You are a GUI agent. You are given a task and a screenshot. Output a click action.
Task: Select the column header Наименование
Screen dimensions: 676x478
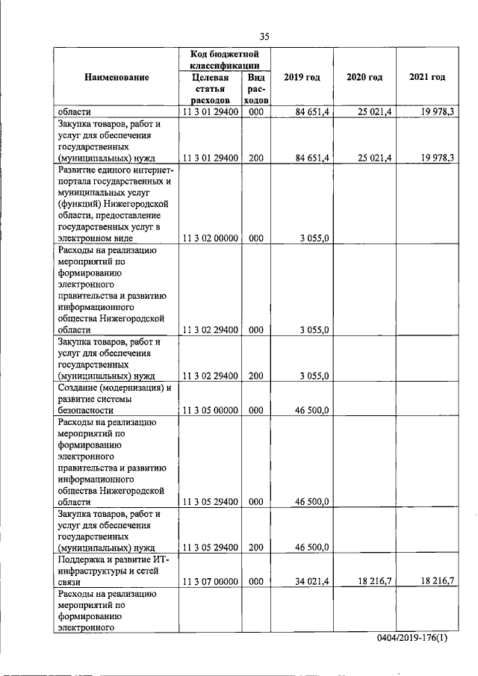pyautogui.click(x=116, y=78)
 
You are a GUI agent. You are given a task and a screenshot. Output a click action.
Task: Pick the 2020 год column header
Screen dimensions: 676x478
pyautogui.click(x=364, y=78)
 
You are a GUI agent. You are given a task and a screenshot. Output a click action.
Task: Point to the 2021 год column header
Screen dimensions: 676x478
pyautogui.click(x=427, y=78)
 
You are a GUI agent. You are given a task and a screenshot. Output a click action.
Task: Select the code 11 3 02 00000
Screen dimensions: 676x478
pyautogui.click(x=209, y=238)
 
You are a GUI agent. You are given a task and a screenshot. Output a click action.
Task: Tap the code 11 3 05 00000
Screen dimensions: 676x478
pyautogui.click(x=209, y=410)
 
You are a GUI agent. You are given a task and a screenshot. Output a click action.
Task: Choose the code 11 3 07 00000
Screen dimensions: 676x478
pyautogui.click(x=209, y=581)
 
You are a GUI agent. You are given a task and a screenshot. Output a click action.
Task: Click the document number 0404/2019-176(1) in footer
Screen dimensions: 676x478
pyautogui.click(x=418, y=642)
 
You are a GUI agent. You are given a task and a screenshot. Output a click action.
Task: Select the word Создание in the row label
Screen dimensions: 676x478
pyautogui.click(x=79, y=388)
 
